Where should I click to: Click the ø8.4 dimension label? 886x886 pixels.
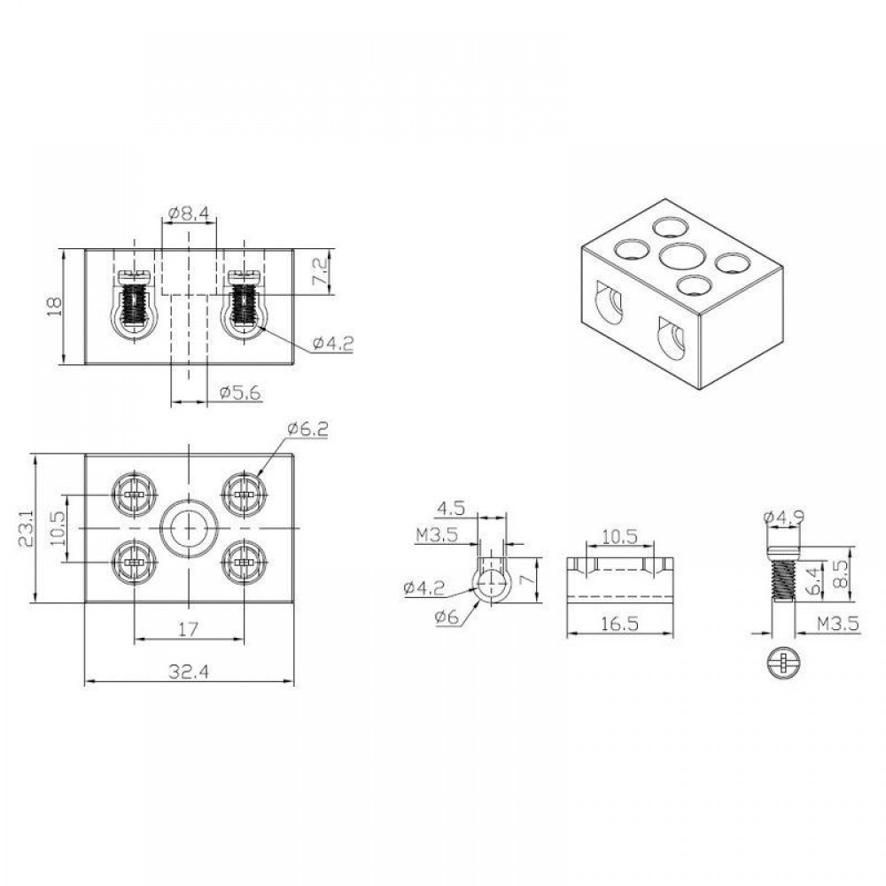click(x=189, y=213)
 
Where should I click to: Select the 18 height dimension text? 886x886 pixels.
click(x=55, y=307)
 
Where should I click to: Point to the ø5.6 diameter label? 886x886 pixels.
click(x=241, y=392)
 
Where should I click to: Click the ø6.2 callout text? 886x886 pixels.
click(x=307, y=429)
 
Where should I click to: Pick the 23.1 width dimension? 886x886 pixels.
click(x=26, y=528)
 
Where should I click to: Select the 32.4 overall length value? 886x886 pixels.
click(x=189, y=672)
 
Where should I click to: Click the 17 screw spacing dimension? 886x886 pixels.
click(x=188, y=628)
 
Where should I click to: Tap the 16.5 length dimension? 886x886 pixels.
click(x=619, y=623)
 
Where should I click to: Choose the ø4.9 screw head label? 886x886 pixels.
click(x=783, y=517)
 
